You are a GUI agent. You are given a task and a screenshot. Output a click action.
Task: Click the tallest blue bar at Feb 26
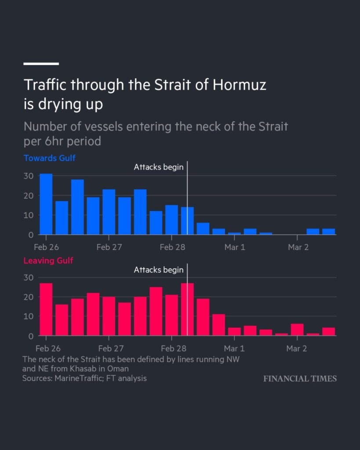click(46, 204)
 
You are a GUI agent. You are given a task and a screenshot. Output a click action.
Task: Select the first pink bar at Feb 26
click(46, 309)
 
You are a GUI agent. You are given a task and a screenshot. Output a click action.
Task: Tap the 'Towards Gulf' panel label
click(49, 158)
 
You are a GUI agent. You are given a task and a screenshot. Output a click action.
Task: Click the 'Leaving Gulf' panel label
click(48, 261)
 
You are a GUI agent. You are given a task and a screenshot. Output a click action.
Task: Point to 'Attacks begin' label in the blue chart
click(158, 167)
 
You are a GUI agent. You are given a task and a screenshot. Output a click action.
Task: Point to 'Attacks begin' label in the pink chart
click(158, 270)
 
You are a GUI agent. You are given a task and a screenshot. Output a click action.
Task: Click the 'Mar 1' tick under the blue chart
click(234, 247)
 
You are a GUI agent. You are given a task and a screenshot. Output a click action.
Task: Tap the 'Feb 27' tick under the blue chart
click(109, 247)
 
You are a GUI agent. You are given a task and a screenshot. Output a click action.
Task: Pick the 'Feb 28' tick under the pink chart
click(173, 349)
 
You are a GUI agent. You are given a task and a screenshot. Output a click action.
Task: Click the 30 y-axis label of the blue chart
click(29, 176)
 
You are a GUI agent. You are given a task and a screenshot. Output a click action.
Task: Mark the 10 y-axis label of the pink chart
click(29, 316)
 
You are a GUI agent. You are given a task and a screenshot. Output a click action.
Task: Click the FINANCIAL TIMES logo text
click(300, 378)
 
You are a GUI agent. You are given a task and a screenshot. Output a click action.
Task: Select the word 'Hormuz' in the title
click(240, 85)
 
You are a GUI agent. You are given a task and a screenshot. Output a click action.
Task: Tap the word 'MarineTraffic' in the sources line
click(77, 378)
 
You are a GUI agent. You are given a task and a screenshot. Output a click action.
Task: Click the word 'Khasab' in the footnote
click(89, 368)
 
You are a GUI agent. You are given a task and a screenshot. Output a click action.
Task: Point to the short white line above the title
click(41, 64)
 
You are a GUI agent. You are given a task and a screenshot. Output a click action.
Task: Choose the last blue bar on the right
click(329, 232)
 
